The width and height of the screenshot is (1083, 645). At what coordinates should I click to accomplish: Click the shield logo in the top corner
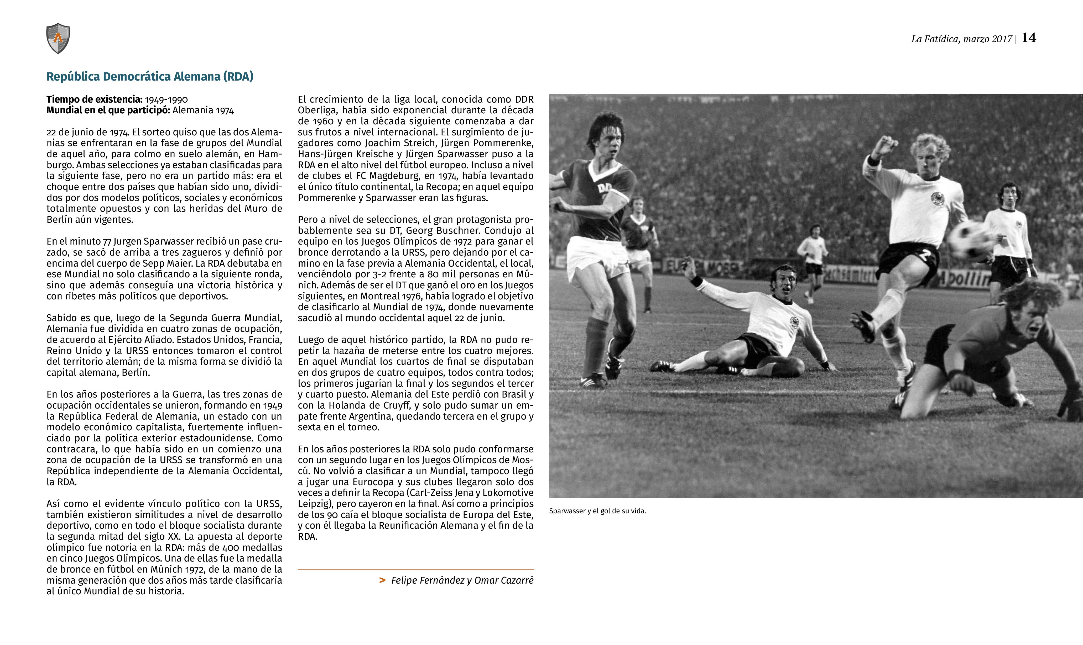coord(58,38)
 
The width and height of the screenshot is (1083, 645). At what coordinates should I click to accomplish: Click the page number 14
coord(1029,38)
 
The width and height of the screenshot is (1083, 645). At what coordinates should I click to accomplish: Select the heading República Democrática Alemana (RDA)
coord(150,77)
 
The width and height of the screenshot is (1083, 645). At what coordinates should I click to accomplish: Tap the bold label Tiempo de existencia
coord(94,99)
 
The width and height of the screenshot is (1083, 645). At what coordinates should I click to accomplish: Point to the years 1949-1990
coord(166,99)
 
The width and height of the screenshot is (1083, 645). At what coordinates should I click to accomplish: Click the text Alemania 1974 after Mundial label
coord(203,110)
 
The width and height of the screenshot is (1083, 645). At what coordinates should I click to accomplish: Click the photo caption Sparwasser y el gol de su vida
coord(597,511)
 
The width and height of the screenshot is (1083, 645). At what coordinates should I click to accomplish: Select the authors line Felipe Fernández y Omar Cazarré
coord(462,580)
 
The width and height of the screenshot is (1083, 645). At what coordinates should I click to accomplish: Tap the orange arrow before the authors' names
coord(382,580)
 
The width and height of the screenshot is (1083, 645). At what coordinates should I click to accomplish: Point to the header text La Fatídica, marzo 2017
coord(961,39)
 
